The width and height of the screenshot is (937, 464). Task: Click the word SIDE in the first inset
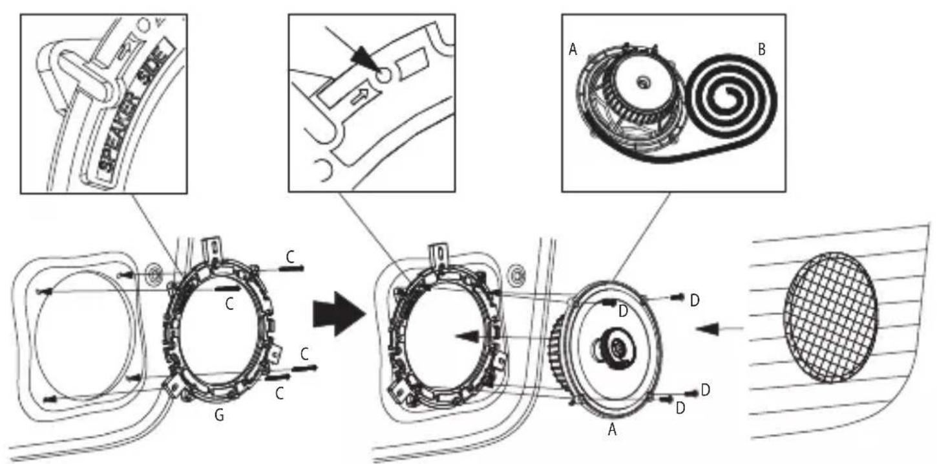point(156,62)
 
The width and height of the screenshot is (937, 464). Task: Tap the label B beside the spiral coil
point(762,49)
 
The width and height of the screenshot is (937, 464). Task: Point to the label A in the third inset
point(573,50)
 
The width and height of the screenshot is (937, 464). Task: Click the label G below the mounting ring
point(219,415)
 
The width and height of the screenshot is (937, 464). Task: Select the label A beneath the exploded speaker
point(612,429)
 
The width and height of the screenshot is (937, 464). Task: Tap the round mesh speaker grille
point(830,318)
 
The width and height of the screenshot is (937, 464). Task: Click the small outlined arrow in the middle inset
point(358,98)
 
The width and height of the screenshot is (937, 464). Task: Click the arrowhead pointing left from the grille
point(706,328)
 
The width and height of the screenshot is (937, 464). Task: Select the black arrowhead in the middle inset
point(363,58)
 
